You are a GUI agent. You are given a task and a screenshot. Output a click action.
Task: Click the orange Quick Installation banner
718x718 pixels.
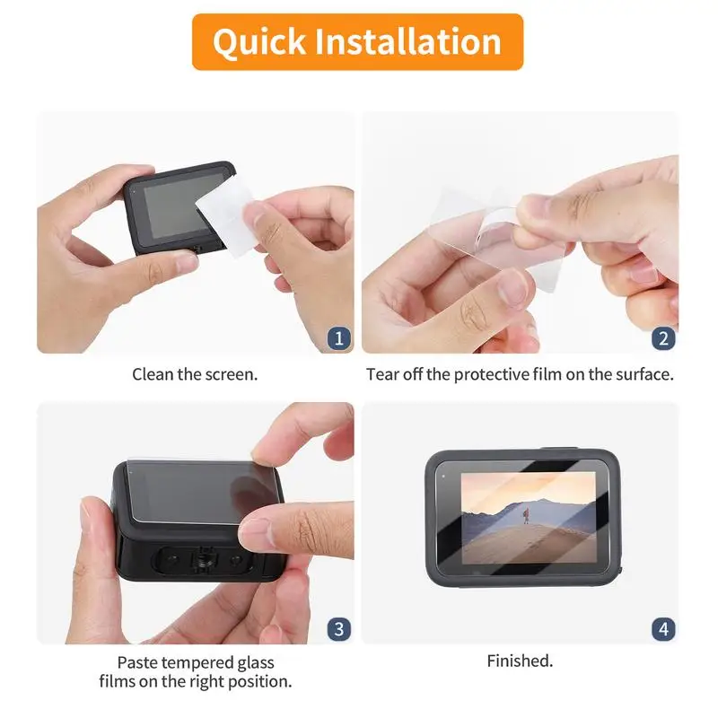click(x=357, y=42)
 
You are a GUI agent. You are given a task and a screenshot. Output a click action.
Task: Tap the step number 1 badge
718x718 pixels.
click(x=338, y=338)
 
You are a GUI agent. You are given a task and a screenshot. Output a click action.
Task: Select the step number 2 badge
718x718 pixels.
click(x=663, y=338)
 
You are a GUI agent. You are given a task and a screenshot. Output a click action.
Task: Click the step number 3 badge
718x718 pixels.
click(x=338, y=628)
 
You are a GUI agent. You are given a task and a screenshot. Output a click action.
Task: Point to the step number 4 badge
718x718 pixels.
click(x=663, y=628)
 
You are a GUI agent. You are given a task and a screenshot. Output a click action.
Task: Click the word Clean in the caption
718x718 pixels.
click(x=153, y=374)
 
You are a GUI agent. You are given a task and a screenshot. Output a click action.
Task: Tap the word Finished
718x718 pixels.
click(x=520, y=661)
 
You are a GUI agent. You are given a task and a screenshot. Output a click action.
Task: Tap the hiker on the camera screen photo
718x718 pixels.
click(x=526, y=514)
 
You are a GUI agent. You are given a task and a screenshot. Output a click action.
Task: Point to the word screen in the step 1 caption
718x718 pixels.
click(x=232, y=374)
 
